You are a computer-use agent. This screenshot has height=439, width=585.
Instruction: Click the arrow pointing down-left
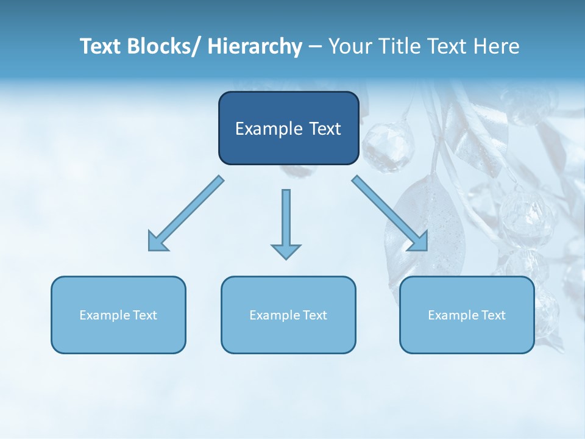click(x=186, y=214)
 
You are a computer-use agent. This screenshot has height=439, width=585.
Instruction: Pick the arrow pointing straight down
click(x=286, y=223)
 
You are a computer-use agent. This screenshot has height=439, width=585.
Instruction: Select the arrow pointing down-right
click(x=390, y=213)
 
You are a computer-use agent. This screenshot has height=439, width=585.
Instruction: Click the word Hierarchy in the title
click(x=255, y=46)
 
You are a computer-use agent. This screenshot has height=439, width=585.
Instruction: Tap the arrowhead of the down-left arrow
click(x=157, y=243)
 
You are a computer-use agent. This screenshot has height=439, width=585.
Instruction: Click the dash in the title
click(x=315, y=46)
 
